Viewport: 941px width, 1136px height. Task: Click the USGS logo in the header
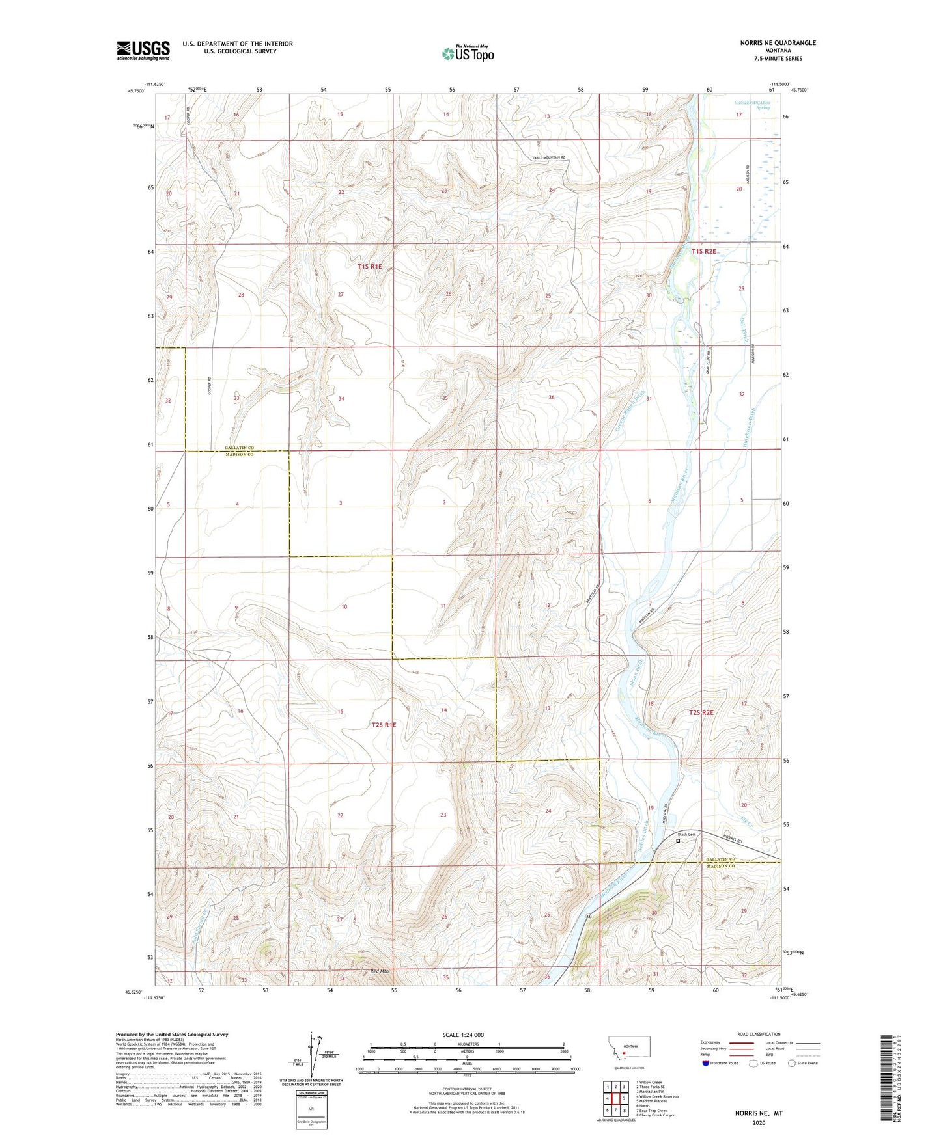coord(143,50)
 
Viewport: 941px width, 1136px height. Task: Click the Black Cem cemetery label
coord(686,835)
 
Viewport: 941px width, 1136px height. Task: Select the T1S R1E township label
coord(370,267)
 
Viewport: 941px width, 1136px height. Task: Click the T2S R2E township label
coord(701,713)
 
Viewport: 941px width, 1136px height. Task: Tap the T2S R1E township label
coord(384,725)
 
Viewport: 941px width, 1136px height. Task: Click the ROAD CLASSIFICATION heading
coord(759,1034)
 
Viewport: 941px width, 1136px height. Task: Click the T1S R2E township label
coord(703,251)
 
